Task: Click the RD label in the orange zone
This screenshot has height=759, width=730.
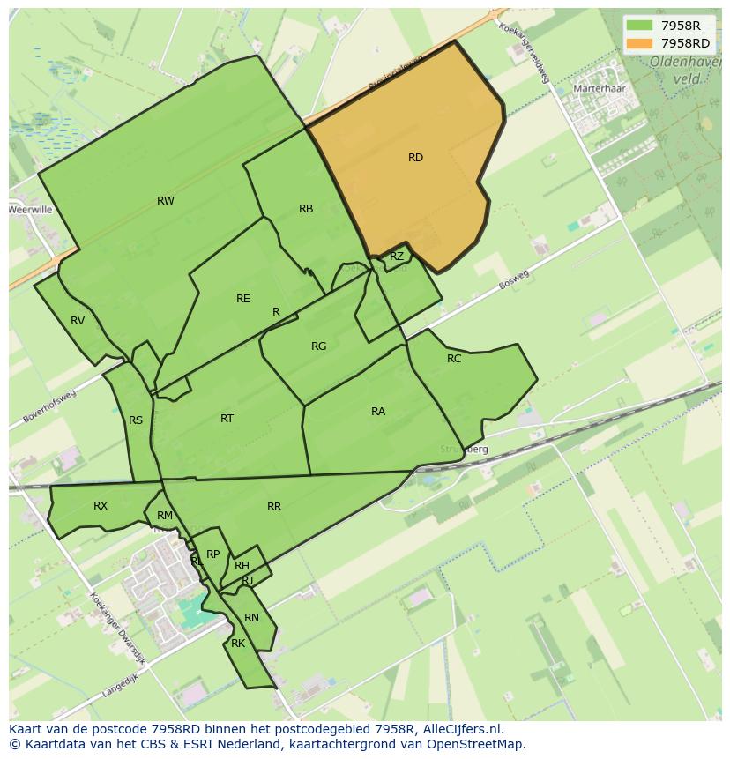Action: point(415,158)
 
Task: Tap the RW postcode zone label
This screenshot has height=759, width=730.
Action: point(166,201)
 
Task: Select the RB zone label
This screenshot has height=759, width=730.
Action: point(306,209)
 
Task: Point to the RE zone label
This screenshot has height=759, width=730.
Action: point(243,299)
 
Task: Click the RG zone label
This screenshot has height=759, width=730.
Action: point(319,346)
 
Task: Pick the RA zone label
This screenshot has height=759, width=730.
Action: point(378,412)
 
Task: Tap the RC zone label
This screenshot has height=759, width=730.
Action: point(454,359)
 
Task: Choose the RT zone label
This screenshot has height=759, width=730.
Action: point(227,419)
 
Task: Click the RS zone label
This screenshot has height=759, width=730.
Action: point(136,420)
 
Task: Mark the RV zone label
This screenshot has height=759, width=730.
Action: point(78,321)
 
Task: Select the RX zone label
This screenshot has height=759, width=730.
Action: point(101,506)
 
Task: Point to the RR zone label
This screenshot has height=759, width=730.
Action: point(274,507)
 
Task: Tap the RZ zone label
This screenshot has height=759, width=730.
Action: point(397,257)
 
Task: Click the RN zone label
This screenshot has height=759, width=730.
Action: point(252,618)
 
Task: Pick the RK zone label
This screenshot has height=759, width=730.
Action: point(238,644)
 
